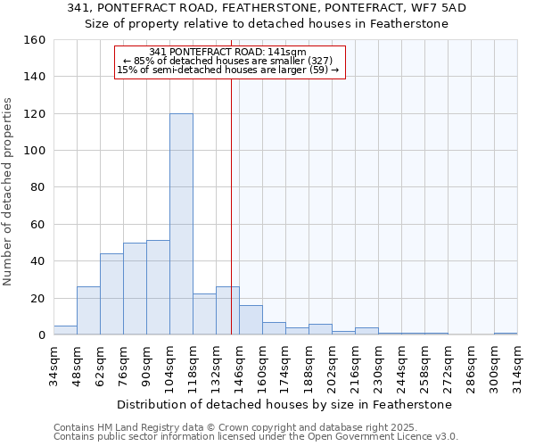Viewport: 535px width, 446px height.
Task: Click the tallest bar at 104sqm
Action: (181, 224)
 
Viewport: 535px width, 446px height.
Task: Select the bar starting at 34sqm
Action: (65, 330)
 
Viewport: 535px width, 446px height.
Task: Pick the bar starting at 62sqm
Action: (111, 294)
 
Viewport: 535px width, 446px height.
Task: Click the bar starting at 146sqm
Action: (251, 320)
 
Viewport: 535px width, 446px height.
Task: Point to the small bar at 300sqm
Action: (506, 334)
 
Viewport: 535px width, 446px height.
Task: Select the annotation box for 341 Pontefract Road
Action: (229, 62)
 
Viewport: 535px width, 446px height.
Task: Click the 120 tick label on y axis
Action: (35, 114)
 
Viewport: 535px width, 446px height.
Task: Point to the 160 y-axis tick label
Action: (35, 40)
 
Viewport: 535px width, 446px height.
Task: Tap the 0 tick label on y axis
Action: (41, 335)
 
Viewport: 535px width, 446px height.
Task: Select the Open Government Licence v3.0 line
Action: (255, 437)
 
